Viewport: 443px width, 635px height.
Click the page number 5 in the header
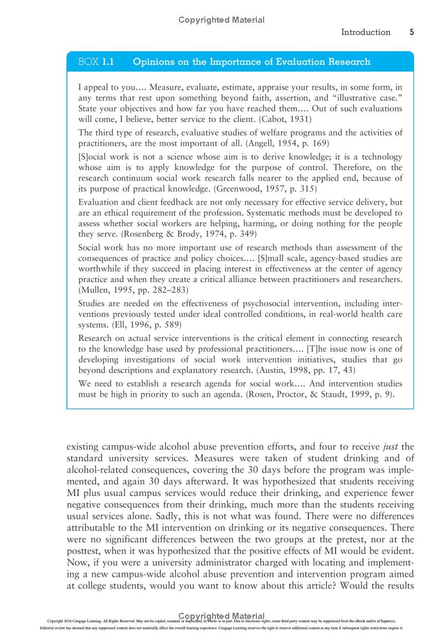[412, 32]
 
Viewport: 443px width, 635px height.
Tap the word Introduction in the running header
[365, 32]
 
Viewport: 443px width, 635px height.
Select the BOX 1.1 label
[96, 62]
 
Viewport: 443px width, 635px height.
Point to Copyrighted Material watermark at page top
[221, 20]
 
